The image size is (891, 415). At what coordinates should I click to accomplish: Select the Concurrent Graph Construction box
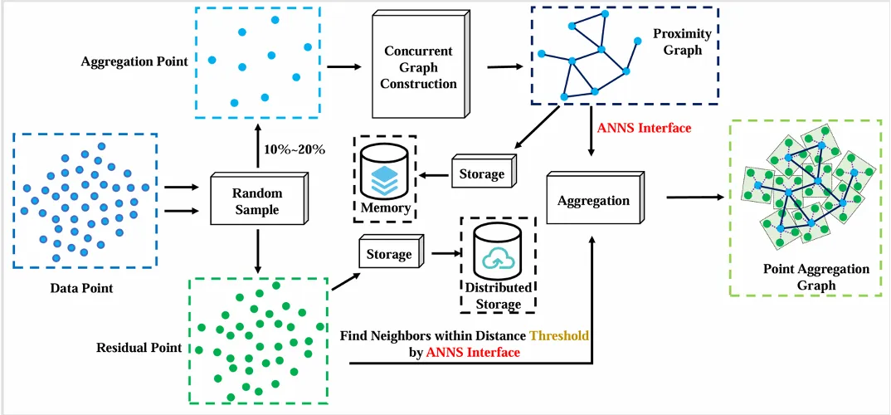click(420, 66)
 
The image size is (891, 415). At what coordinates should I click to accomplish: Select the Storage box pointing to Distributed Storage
click(392, 253)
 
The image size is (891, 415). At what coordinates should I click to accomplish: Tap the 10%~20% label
click(295, 151)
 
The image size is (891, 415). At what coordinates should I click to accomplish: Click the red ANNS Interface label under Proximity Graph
click(645, 128)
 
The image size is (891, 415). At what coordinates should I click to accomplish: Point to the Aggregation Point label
click(134, 61)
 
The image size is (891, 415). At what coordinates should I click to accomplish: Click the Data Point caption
click(82, 288)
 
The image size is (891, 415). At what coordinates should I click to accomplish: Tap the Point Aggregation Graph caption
click(816, 277)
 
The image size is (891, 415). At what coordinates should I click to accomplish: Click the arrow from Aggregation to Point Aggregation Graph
click(695, 198)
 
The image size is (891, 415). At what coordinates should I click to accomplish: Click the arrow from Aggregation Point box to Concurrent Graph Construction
click(345, 67)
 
